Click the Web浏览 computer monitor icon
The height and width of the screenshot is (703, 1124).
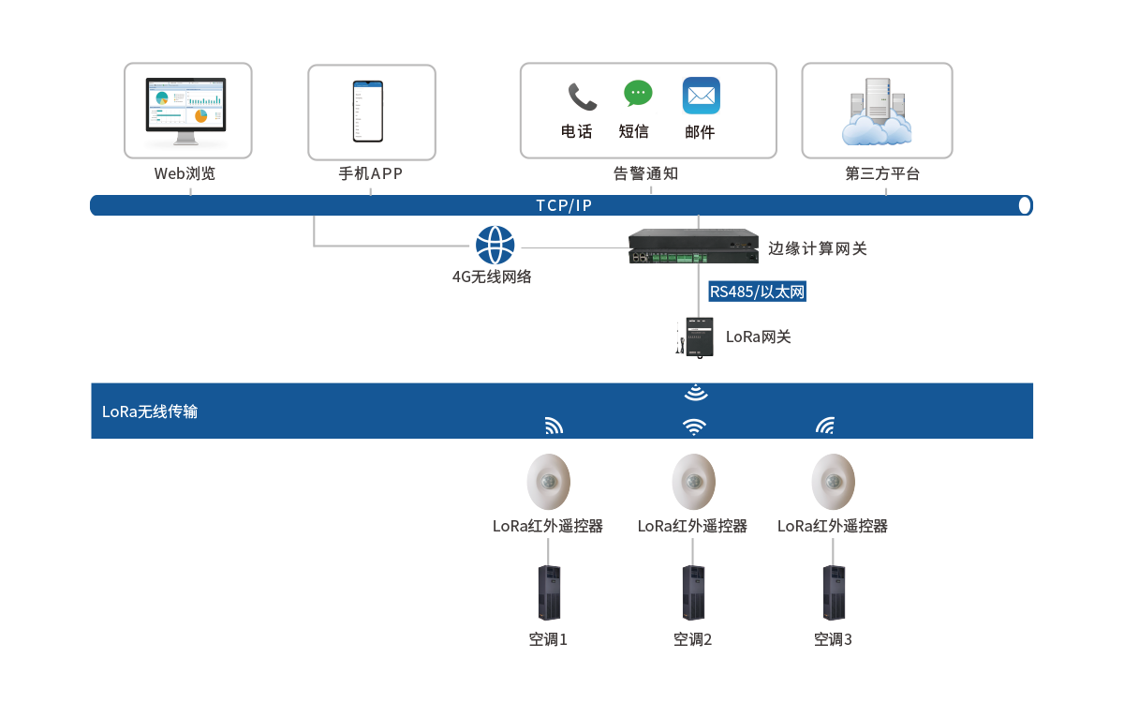(x=187, y=111)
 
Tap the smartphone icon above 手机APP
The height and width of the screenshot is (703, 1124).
(x=367, y=112)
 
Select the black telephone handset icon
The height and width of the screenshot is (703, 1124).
(x=582, y=97)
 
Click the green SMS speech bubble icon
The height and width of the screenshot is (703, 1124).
(x=638, y=94)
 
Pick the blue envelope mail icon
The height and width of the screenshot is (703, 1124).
(x=701, y=96)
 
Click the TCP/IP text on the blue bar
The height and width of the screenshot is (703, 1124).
(x=564, y=205)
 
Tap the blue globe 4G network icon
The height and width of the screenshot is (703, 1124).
(x=495, y=246)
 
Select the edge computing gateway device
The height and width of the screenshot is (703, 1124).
(x=693, y=246)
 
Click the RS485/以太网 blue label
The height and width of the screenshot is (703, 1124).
(x=757, y=292)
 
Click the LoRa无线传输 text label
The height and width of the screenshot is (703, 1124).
(x=150, y=411)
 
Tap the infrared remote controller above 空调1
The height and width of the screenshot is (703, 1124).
(x=549, y=482)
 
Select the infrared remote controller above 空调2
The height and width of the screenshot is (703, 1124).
(x=693, y=482)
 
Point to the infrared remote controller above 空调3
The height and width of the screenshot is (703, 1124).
(x=833, y=482)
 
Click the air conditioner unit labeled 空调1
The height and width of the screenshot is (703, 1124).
(x=549, y=591)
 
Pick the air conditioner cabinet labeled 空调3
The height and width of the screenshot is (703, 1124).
(x=833, y=591)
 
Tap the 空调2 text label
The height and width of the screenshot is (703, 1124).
(x=693, y=640)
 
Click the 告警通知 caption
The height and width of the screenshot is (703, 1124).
(x=645, y=173)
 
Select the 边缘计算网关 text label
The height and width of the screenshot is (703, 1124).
(x=818, y=248)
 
